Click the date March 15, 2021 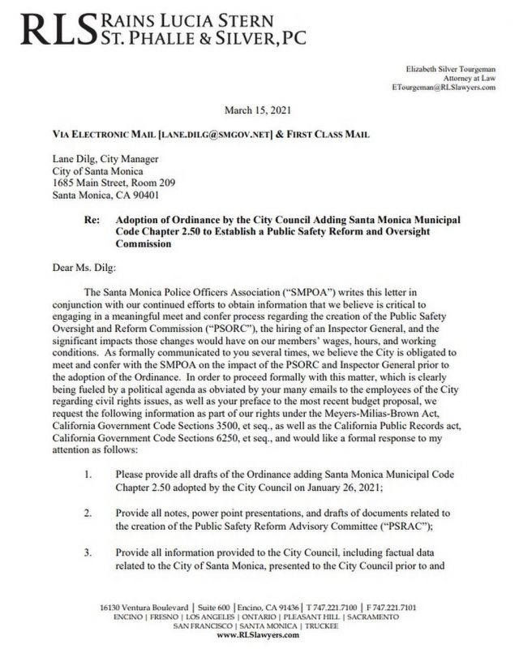[259, 109]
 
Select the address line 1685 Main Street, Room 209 [108, 183]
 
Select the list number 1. [87, 473]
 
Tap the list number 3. [87, 555]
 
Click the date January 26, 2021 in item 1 [349, 484]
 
